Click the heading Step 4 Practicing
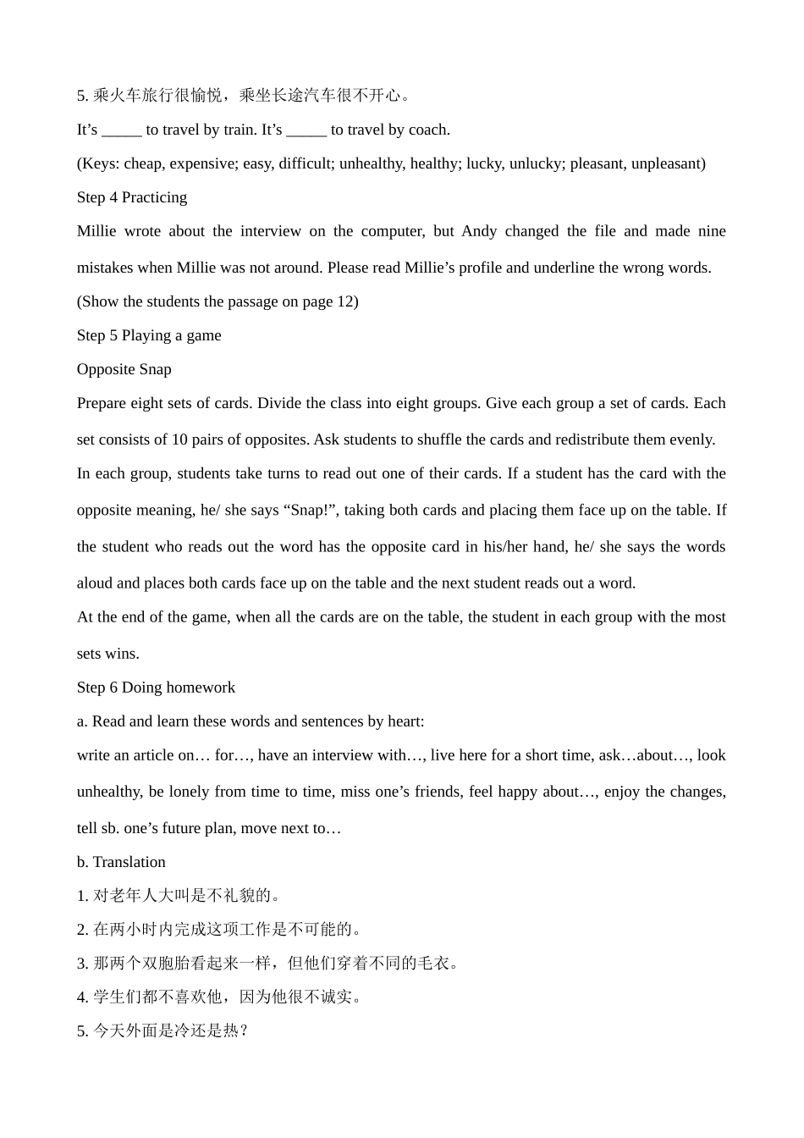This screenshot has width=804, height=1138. tap(131, 197)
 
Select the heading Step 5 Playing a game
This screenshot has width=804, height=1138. tap(149, 335)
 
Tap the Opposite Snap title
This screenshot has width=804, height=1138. tap(124, 369)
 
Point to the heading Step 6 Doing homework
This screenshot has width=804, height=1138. tap(156, 688)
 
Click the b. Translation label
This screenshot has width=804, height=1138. tap(121, 862)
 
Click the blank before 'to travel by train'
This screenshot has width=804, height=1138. tap(121, 130)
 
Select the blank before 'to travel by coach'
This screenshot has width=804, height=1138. tap(306, 130)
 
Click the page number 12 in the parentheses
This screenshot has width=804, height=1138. tap(346, 301)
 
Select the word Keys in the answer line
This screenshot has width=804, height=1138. tap(101, 163)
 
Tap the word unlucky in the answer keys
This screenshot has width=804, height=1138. tap(535, 163)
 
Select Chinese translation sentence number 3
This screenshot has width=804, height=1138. tap(269, 964)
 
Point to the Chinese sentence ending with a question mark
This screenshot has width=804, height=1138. tap(163, 1031)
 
